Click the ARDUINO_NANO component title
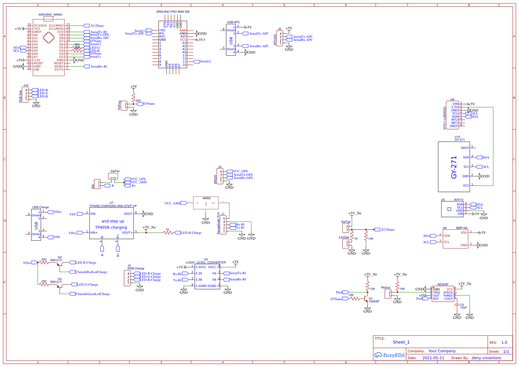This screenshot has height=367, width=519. [50, 15]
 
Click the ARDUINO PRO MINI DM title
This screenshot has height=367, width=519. [173, 12]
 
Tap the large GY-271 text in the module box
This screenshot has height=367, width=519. [454, 168]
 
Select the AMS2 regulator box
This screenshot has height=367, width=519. [206, 203]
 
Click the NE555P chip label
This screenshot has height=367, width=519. [443, 285]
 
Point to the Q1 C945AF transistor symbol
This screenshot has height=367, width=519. [366, 297]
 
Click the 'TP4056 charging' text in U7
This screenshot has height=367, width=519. [111, 227]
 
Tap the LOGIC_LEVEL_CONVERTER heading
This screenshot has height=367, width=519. [205, 263]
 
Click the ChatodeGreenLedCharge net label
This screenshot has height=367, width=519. [93, 294]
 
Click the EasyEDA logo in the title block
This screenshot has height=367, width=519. [389, 355]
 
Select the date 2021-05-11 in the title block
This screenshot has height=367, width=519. [433, 358]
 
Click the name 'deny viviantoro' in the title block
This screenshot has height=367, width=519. [486, 358]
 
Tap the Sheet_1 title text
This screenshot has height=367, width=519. [401, 342]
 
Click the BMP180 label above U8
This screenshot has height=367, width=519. [462, 228]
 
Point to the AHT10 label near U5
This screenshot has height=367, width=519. [458, 200]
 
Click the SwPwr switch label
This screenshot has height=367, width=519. [115, 171]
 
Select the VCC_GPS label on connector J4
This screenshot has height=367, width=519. [240, 171]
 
